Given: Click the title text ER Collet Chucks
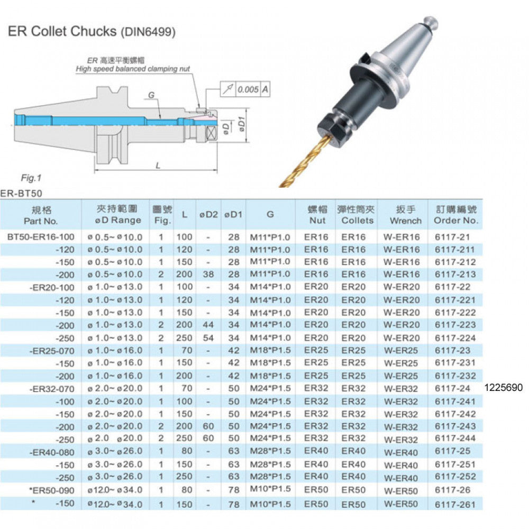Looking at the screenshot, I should pyautogui.click(x=62, y=31).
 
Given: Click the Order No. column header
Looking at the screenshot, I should pyautogui.click(x=455, y=215).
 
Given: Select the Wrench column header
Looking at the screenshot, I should pyautogui.click(x=405, y=215).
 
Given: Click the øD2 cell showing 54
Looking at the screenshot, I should pyautogui.click(x=208, y=338).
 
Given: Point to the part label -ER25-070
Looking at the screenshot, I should pyautogui.click(x=47, y=350).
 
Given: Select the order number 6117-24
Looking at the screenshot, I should pyautogui.click(x=452, y=388).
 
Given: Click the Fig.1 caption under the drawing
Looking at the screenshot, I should pyautogui.click(x=31, y=178).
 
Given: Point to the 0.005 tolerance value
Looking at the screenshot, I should pyautogui.click(x=248, y=89).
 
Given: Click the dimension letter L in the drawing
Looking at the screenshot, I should pyautogui.click(x=158, y=165).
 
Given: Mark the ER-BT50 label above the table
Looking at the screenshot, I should pyautogui.click(x=16, y=194).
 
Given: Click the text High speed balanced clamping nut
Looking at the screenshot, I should pyautogui.click(x=132, y=69).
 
